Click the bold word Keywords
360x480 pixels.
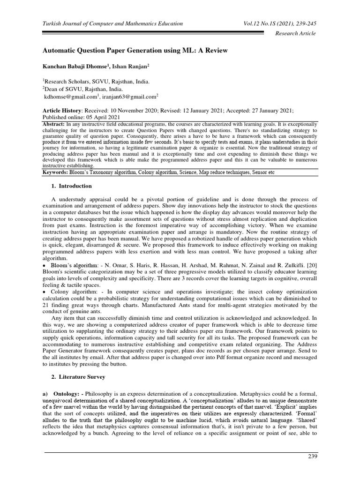pyautogui.click(x=57, y=172)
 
